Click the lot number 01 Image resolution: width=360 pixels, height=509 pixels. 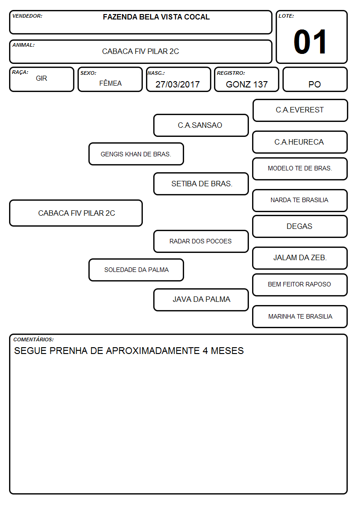pyautogui.click(x=310, y=42)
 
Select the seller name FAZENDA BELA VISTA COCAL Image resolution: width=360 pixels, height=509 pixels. pyautogui.click(x=156, y=17)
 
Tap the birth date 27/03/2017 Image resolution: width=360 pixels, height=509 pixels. pyautogui.click(x=178, y=84)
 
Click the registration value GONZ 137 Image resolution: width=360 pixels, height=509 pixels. pyautogui.click(x=247, y=84)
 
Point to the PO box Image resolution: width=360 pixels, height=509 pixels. pyautogui.click(x=315, y=79)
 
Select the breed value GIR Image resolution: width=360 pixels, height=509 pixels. pyautogui.click(x=42, y=78)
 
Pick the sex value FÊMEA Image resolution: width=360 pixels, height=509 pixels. pyautogui.click(x=110, y=83)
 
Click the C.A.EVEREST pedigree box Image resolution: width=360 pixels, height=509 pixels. pyautogui.click(x=300, y=111)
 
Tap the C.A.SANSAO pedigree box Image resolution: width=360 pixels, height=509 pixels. pyautogui.click(x=201, y=125)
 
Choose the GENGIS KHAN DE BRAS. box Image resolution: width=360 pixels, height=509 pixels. pyautogui.click(x=136, y=154)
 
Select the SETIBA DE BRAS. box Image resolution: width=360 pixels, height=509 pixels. pyautogui.click(x=201, y=184)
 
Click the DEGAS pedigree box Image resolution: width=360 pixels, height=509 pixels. pyautogui.click(x=300, y=226)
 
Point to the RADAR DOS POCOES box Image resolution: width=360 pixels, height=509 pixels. pyautogui.click(x=201, y=241)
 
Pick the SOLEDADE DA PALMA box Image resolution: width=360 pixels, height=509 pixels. pyautogui.click(x=136, y=270)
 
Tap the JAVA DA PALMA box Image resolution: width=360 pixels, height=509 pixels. pyautogui.click(x=201, y=300)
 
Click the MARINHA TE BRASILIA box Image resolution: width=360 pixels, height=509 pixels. pyautogui.click(x=300, y=316)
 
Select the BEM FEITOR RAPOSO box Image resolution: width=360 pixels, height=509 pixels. pyautogui.click(x=300, y=285)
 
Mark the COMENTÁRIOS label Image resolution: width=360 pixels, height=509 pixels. pyautogui.click(x=34, y=339)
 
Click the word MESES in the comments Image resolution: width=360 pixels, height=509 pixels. pyautogui.click(x=227, y=351)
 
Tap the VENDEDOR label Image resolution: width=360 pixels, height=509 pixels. pyautogui.click(x=27, y=16)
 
